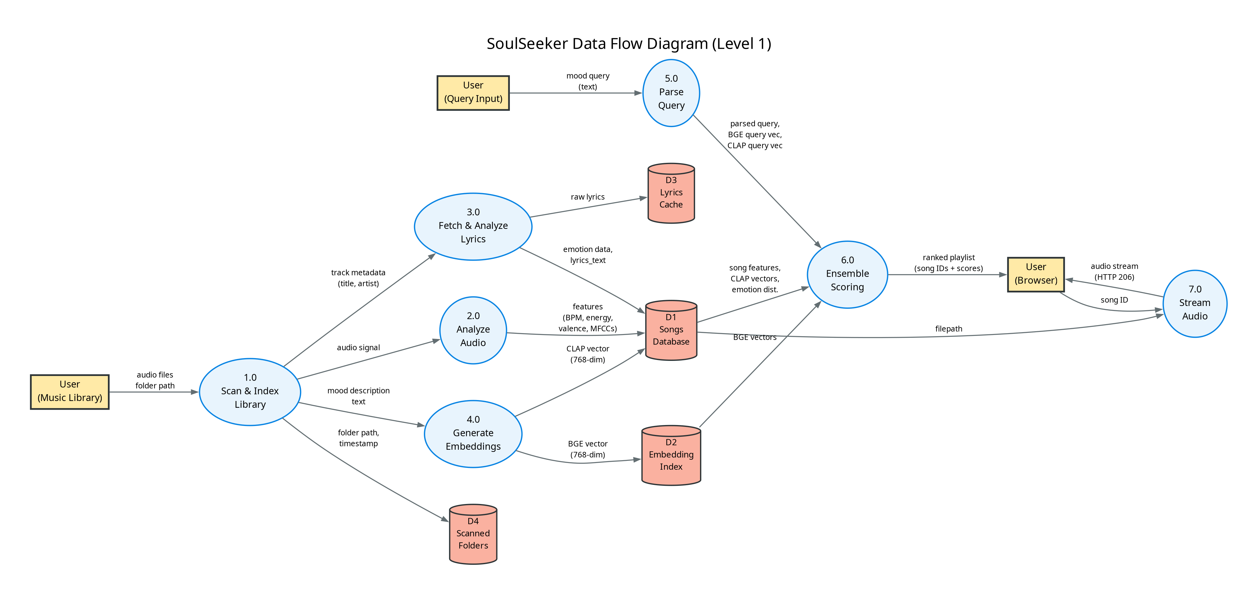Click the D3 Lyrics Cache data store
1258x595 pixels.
[x=671, y=193]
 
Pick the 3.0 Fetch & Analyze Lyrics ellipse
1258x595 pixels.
[x=473, y=226]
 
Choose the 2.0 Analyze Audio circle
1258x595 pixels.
[x=473, y=330]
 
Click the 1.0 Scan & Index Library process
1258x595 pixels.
[x=250, y=392]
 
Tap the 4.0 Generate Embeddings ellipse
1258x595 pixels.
[x=473, y=434]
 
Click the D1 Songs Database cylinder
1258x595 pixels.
[x=671, y=331]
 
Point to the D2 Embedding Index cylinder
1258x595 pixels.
[x=671, y=455]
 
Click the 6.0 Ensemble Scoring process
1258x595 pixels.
[x=847, y=274]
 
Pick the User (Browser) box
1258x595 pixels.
[x=1035, y=274]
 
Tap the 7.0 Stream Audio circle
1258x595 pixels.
[x=1194, y=304]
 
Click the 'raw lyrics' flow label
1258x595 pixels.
[x=588, y=197]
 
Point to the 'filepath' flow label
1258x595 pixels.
[x=949, y=329]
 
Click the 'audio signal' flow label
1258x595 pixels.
[x=358, y=347]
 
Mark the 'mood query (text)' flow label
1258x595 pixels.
[x=588, y=81]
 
